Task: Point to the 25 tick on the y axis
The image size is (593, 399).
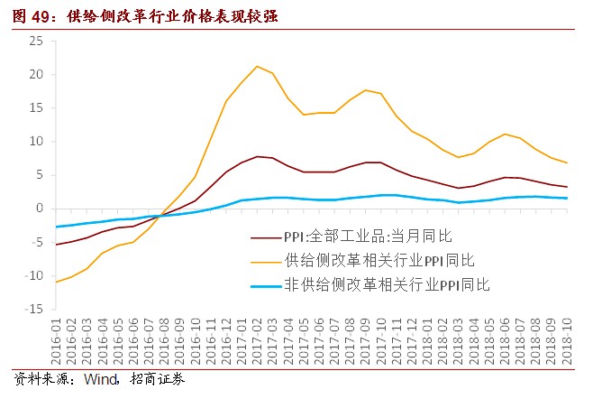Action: (36, 42)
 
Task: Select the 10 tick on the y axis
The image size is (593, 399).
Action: (36, 142)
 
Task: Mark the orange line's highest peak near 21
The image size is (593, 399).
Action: (257, 66)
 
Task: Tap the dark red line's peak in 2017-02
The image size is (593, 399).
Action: (257, 156)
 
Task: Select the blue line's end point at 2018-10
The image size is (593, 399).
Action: (566, 198)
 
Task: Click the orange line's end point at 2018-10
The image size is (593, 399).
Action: (566, 162)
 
